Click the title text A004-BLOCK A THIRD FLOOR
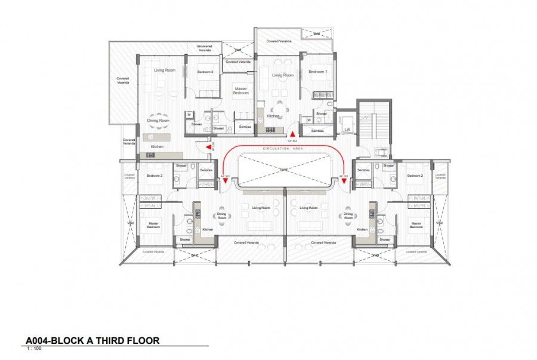(92, 341)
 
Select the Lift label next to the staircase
(347, 128)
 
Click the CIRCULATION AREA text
(283, 148)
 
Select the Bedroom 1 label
(317, 72)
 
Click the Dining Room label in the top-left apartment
(159, 121)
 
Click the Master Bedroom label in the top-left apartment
(240, 90)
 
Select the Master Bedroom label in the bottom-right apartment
(416, 225)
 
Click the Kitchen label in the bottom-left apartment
(208, 229)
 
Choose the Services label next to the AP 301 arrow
(363, 170)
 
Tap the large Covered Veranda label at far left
(123, 81)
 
